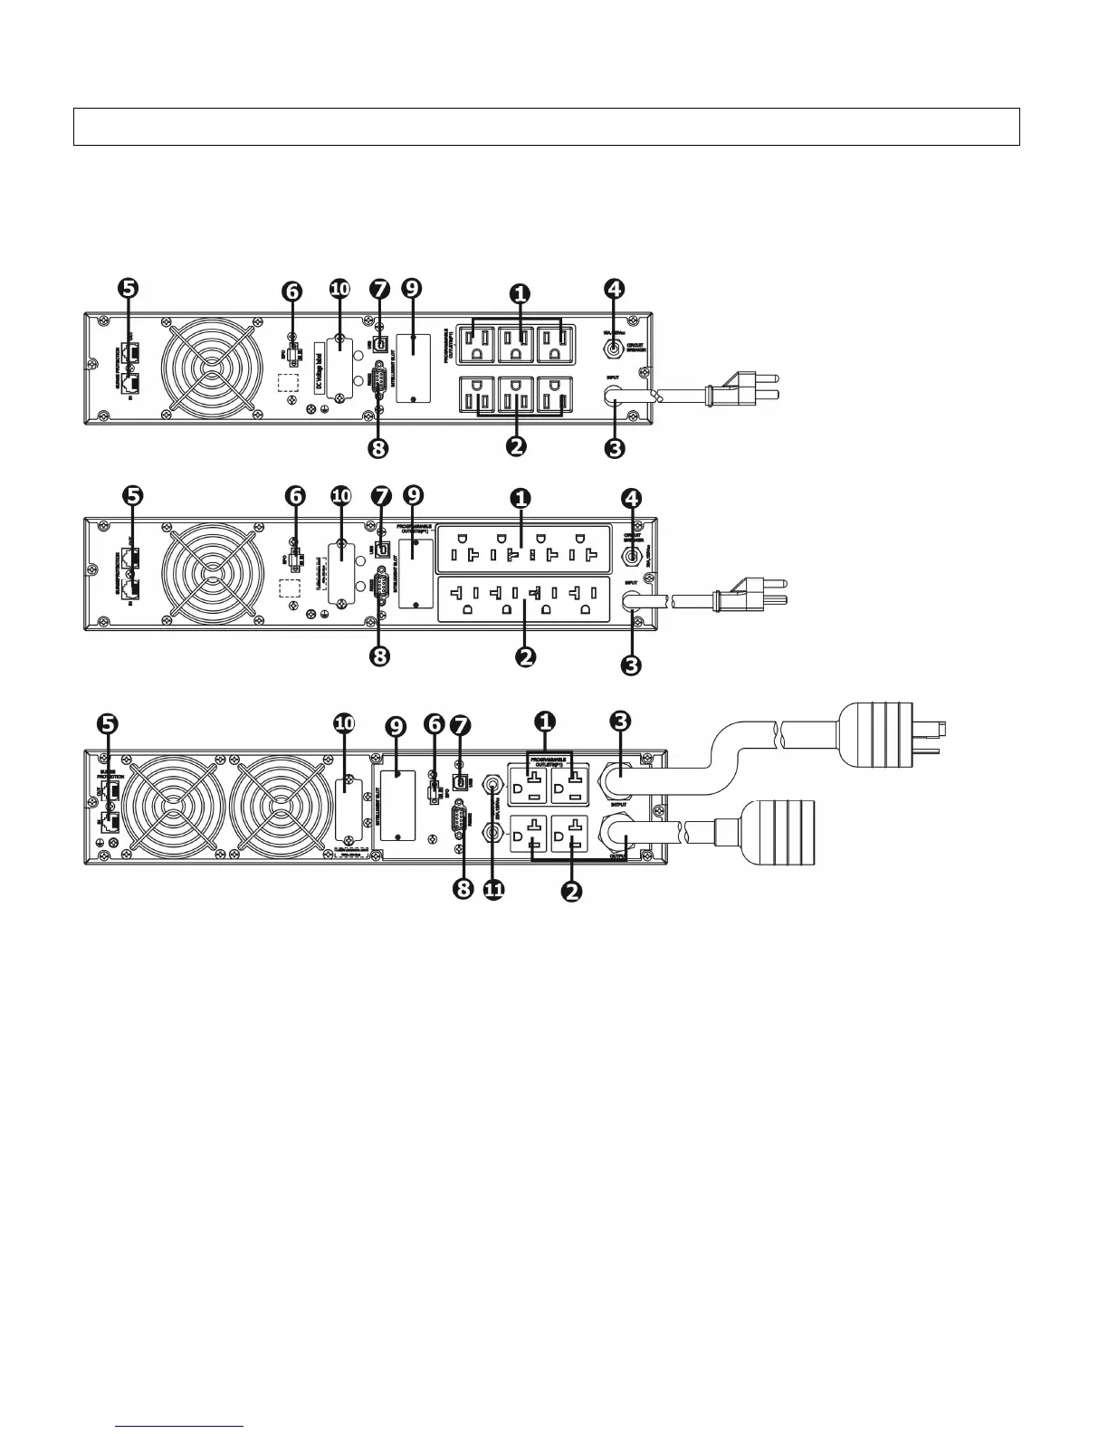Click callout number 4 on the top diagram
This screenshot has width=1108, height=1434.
point(615,290)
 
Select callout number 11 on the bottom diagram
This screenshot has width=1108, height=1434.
point(493,890)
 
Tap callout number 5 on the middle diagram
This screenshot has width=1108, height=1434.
point(132,495)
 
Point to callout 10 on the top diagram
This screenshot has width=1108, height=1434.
point(339,290)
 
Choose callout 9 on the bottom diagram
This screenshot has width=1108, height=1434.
point(396,726)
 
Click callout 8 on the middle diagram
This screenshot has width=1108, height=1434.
point(380,655)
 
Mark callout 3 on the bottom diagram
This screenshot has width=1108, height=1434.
point(620,722)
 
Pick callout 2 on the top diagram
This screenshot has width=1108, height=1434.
point(517,445)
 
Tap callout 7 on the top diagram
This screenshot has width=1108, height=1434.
point(380,290)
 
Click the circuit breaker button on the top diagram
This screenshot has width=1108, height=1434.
point(615,345)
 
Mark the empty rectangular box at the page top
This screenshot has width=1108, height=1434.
point(546,127)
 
